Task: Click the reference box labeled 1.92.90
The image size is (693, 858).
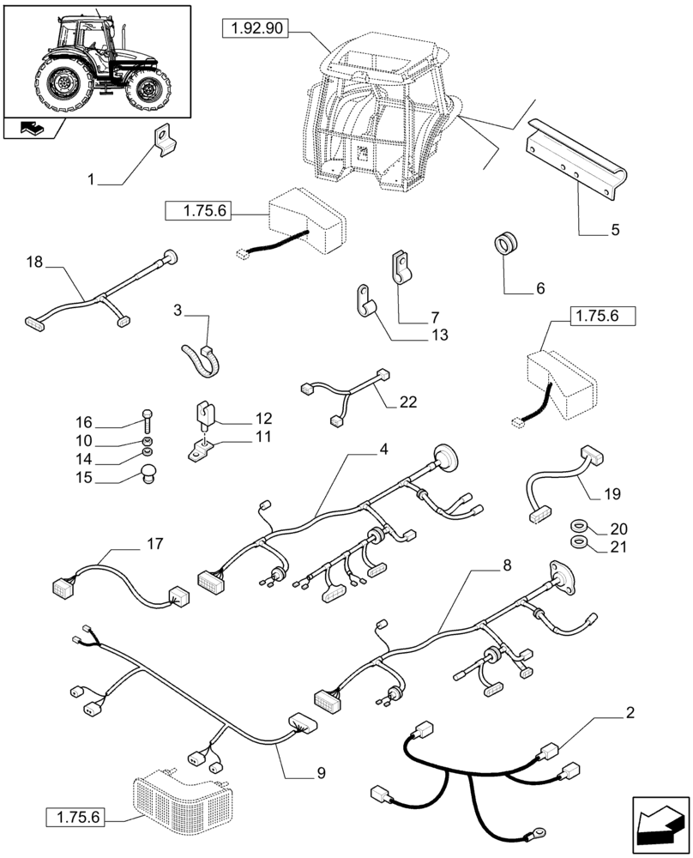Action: pos(255,30)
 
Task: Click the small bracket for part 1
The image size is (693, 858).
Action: pos(163,140)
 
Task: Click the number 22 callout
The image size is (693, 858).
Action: pos(409,402)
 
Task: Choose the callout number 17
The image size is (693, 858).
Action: pos(154,543)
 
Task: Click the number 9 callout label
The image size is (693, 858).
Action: pos(320,773)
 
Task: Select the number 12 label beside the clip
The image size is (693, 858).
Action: pos(263,419)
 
